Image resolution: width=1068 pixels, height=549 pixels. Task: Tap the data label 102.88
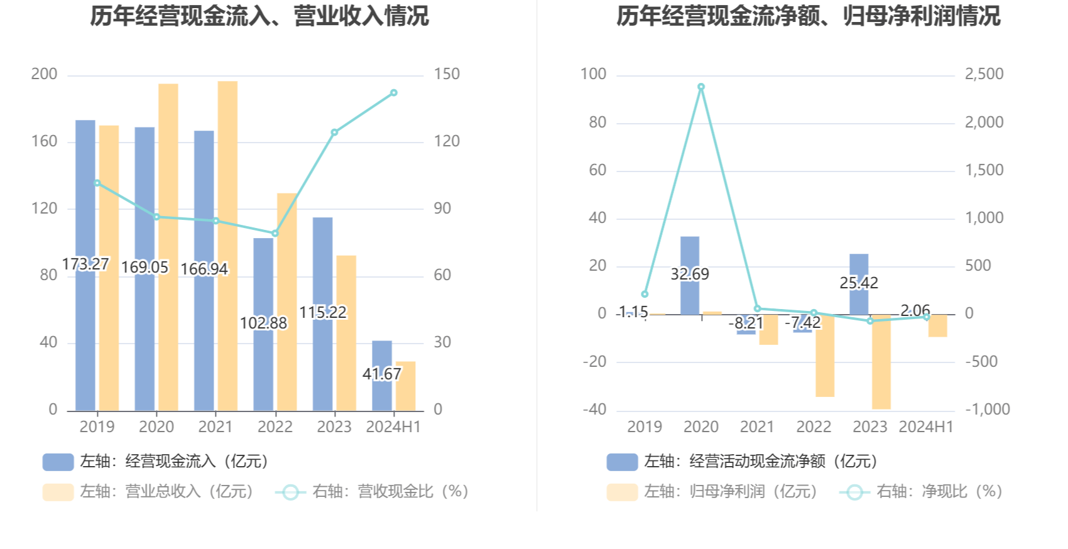click(x=263, y=323)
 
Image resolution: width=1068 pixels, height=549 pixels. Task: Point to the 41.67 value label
click(x=381, y=374)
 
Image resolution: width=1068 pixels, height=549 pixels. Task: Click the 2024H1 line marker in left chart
click(x=394, y=93)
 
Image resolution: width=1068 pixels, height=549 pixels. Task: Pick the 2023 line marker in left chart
click(x=334, y=133)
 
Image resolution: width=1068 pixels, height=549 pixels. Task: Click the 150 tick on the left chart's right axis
click(x=447, y=74)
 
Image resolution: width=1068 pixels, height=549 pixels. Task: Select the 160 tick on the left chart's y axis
click(x=44, y=141)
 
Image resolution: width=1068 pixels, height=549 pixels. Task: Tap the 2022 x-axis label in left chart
click(x=275, y=427)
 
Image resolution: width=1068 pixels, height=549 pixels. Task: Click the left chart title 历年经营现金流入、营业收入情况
click(x=259, y=16)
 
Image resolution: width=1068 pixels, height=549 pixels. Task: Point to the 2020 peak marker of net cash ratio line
click(x=701, y=87)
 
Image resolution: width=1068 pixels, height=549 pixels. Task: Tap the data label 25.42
click(x=859, y=283)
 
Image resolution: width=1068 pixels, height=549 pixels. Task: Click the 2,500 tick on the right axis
click(x=984, y=74)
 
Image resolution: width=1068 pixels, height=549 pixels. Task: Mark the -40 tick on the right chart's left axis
click(x=594, y=410)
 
